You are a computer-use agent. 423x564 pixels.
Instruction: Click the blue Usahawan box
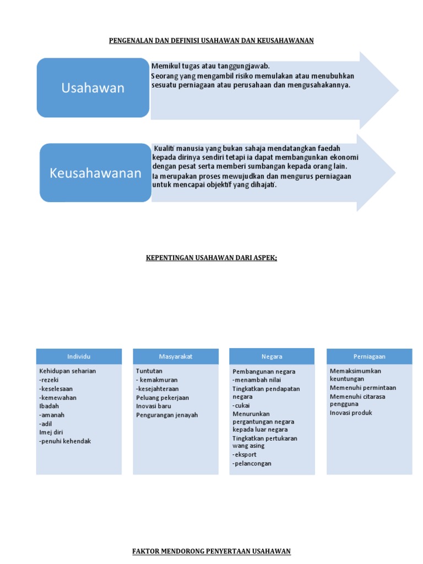coord(93,88)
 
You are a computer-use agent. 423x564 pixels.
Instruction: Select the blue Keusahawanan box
coord(95,173)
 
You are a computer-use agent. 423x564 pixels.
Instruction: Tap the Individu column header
coord(79,356)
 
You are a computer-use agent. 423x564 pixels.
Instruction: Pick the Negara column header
coord(272,356)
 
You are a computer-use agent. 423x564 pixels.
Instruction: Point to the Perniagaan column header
coord(369,356)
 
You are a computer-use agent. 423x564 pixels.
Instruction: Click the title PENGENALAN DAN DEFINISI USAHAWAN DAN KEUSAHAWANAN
coord(211,41)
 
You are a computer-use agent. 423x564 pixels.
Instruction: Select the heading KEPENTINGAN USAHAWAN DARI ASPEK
coord(211,258)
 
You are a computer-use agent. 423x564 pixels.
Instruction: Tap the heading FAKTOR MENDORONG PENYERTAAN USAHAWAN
coord(211,551)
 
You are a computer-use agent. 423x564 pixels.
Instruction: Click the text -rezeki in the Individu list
coord(48,380)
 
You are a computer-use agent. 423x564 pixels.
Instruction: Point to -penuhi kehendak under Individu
coord(65,441)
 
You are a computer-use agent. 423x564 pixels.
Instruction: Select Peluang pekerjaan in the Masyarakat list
coord(162,398)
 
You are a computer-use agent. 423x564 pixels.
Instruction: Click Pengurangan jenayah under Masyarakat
coord(167,415)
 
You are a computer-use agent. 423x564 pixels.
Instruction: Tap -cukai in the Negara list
coord(241,405)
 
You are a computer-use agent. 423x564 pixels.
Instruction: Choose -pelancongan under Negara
coord(252,464)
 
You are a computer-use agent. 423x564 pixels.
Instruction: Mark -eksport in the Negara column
coord(245,455)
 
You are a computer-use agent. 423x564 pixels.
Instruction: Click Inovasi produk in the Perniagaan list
coord(351,413)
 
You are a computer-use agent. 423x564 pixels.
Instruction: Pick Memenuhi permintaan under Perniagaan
coord(363,388)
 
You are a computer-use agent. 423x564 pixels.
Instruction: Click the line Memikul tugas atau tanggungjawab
coord(210,66)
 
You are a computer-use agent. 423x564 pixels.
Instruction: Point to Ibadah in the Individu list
coord(49,406)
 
